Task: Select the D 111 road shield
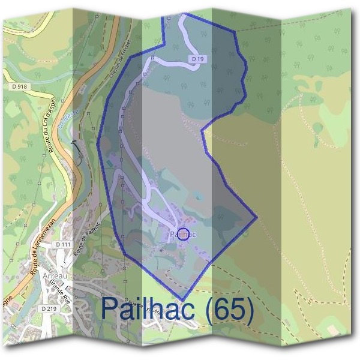point(62,245)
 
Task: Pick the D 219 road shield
point(49,308)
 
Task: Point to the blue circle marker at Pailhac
point(184,234)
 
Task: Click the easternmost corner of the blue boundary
point(257,217)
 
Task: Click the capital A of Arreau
point(44,275)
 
